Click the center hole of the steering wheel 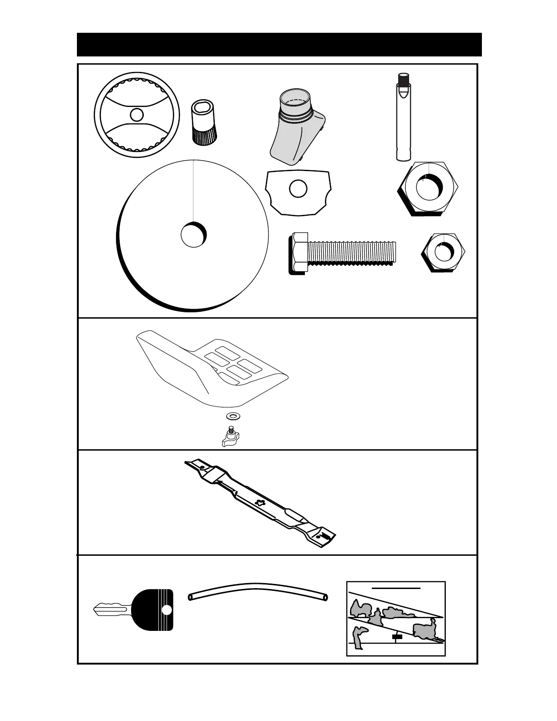click(x=136, y=114)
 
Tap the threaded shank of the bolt click(x=350, y=253)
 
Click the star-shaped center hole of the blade click(x=260, y=503)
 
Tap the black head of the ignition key click(x=152, y=610)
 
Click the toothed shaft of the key click(x=111, y=609)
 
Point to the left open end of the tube click(x=192, y=595)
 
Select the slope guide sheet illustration click(x=395, y=618)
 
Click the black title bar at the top click(x=279, y=44)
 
